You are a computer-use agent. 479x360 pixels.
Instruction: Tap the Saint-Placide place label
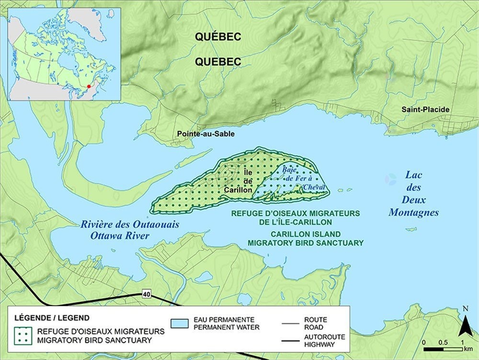425,110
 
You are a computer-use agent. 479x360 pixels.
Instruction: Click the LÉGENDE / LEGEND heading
45,317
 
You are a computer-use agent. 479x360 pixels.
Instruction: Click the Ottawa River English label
120,236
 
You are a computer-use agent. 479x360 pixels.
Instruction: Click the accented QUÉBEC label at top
217,36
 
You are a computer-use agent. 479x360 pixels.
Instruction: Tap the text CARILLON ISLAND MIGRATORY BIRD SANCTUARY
306,238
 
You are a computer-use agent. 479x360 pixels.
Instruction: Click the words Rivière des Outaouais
120,224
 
